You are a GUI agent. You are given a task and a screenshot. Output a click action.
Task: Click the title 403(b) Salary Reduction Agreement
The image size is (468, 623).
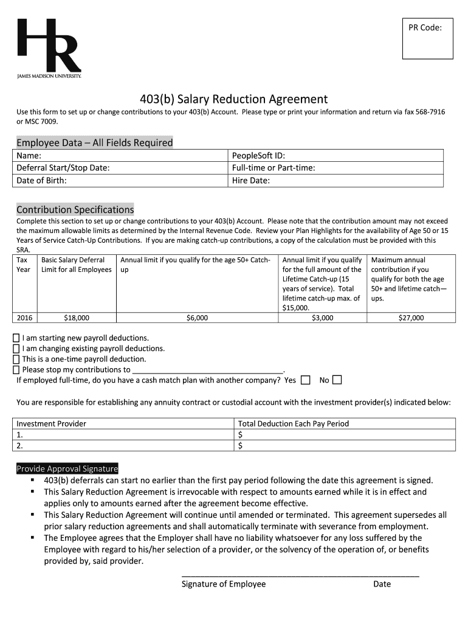click(x=234, y=99)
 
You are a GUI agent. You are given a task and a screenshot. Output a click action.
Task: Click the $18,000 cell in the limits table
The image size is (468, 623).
click(x=77, y=318)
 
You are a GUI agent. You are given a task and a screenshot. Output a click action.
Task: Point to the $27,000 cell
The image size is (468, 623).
click(x=411, y=318)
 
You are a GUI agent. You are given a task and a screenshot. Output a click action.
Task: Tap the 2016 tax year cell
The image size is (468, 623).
click(x=24, y=318)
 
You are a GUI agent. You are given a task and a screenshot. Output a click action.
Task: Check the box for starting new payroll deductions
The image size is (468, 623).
click(x=16, y=338)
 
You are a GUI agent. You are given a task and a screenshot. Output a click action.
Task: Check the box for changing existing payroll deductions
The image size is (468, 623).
click(x=16, y=349)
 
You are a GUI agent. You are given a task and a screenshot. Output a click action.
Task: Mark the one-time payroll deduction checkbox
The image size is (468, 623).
click(x=16, y=359)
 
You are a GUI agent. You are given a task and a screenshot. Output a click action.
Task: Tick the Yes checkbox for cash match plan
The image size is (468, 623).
click(x=305, y=380)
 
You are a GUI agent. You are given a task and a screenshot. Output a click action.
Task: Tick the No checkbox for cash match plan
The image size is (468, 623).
click(x=337, y=380)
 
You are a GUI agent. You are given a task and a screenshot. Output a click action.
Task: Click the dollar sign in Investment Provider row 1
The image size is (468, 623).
click(x=241, y=434)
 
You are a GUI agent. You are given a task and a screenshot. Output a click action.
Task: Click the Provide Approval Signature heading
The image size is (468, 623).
click(x=67, y=468)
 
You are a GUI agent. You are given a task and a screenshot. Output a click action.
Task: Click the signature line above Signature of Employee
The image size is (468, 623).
click(x=300, y=575)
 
